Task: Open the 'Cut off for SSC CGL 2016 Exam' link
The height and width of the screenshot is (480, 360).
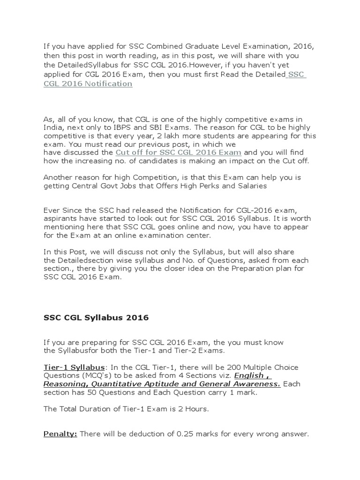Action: click(178, 152)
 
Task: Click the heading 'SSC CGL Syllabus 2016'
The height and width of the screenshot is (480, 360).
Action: click(96, 317)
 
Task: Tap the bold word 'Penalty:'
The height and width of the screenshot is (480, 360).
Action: click(60, 434)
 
